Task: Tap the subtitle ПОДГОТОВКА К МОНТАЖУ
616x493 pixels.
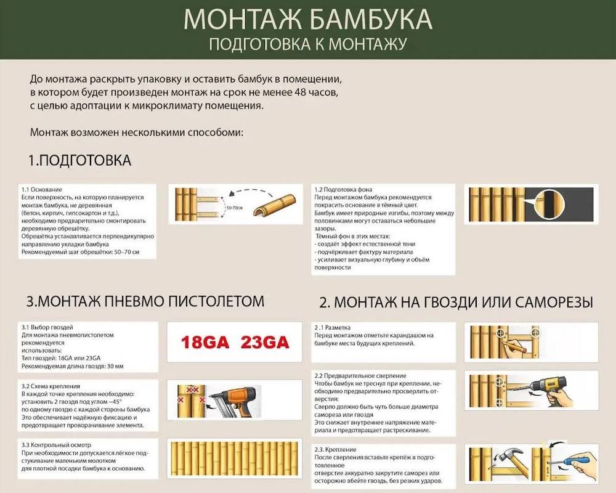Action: [308, 44]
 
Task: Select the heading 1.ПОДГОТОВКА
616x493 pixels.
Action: [79, 161]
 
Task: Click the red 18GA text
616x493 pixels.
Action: [206, 342]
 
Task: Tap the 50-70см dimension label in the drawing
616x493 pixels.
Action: [235, 208]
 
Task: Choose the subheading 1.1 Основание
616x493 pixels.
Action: [42, 189]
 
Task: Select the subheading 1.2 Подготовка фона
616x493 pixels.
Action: [342, 189]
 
